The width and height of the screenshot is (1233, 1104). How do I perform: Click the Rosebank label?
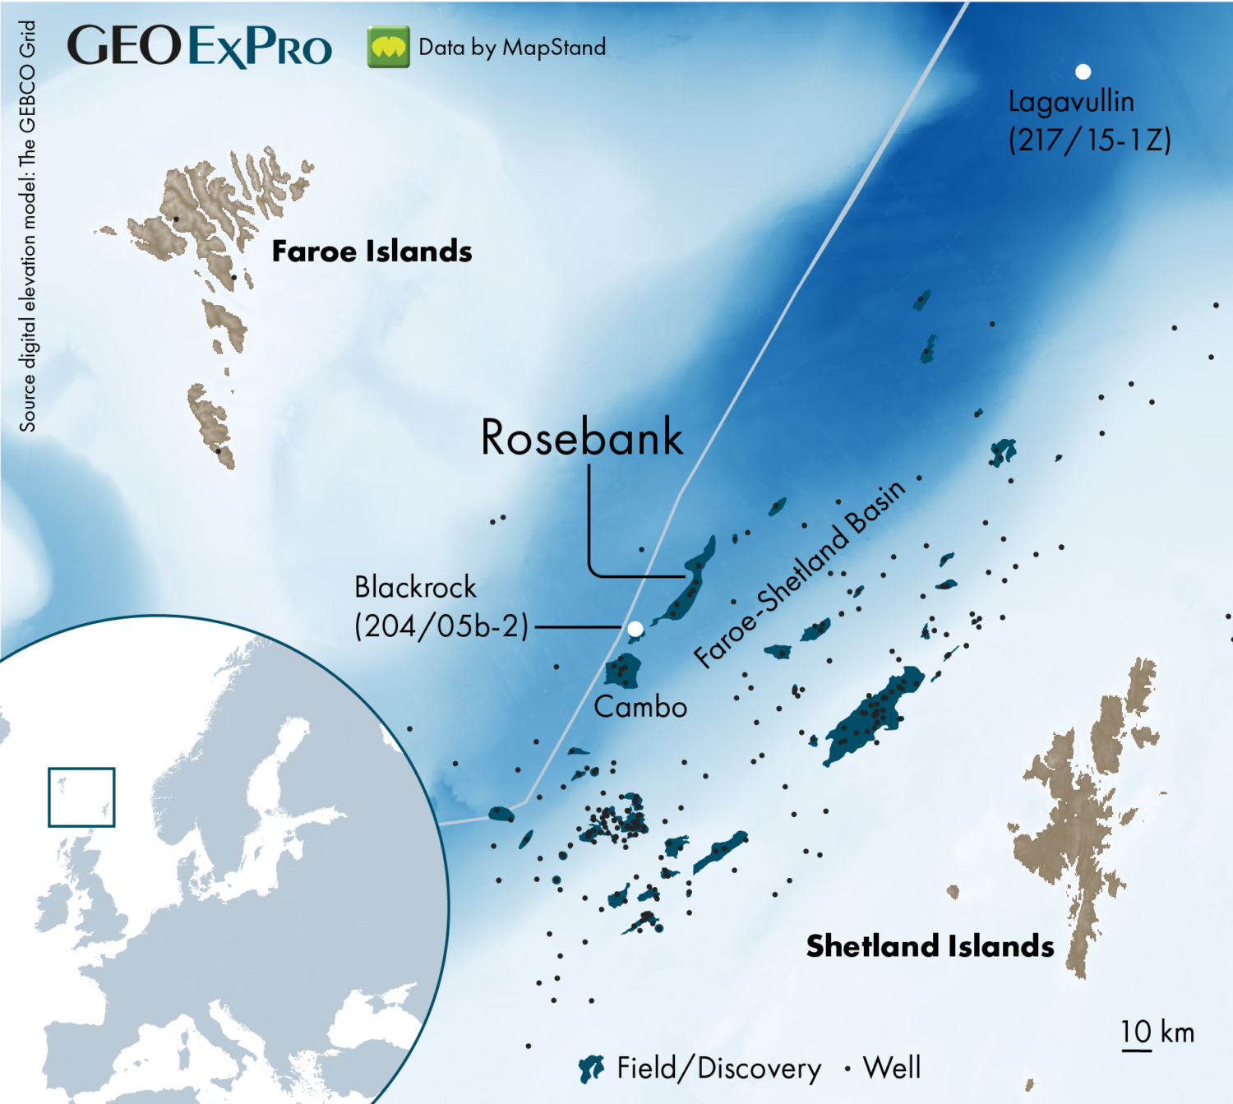[x=581, y=437]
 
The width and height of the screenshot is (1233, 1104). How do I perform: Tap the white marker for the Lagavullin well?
[x=1083, y=72]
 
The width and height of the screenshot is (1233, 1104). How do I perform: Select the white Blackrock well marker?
[x=635, y=629]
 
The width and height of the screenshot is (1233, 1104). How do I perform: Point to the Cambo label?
[x=640, y=707]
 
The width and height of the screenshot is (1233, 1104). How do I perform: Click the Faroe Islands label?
[x=372, y=252]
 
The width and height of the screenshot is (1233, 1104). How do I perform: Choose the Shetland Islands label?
[x=930, y=946]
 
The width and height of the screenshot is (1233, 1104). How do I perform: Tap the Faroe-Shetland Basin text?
[x=799, y=573]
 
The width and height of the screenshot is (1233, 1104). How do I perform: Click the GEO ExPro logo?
[x=200, y=46]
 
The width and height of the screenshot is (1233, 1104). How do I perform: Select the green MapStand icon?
[x=388, y=47]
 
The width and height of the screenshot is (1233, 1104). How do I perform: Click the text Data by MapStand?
[x=512, y=48]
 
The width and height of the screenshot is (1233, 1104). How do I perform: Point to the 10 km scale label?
[x=1157, y=1032]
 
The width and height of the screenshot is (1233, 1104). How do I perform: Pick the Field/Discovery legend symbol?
[x=592, y=1069]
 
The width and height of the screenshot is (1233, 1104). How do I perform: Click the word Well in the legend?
[x=892, y=1068]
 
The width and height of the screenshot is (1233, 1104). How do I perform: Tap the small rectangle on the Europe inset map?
[x=81, y=797]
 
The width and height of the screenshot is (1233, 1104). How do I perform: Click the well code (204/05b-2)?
[x=441, y=626]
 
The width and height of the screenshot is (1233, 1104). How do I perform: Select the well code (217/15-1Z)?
[x=1089, y=140]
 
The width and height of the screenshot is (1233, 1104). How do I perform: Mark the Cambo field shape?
[x=622, y=671]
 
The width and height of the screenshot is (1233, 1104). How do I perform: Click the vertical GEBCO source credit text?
[x=27, y=226]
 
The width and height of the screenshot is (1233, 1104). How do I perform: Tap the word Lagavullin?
[x=1071, y=102]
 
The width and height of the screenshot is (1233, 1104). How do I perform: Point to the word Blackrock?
[x=415, y=588]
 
